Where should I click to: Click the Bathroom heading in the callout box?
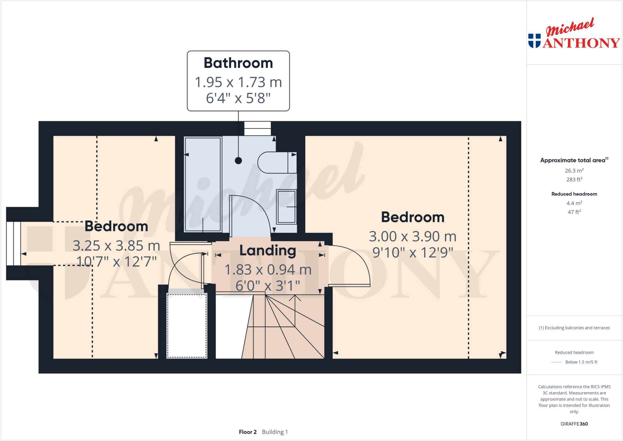pyautogui.click(x=238, y=63)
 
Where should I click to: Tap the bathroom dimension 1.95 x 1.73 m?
pyautogui.click(x=238, y=82)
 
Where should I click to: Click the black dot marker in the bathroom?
pyautogui.click(x=238, y=160)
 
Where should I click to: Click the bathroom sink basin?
pyautogui.click(x=286, y=207)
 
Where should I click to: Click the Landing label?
pyautogui.click(x=268, y=250)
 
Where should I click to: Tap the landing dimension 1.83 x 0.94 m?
pyautogui.click(x=268, y=270)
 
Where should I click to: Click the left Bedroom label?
pyautogui.click(x=116, y=226)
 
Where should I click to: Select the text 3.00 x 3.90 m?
pyautogui.click(x=412, y=236)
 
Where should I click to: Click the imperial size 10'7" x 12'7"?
pyautogui.click(x=116, y=261)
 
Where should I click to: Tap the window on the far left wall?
pyautogui.click(x=14, y=243)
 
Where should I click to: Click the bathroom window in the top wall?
pyautogui.click(x=257, y=128)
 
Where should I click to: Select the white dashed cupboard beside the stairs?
pyautogui.click(x=187, y=325)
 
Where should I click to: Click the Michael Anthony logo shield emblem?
pyautogui.click(x=534, y=40)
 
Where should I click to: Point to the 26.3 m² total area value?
pyautogui.click(x=574, y=171)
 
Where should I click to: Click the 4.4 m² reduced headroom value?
pyautogui.click(x=574, y=203)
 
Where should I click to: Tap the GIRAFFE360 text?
pyautogui.click(x=574, y=424)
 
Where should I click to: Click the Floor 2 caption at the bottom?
pyautogui.click(x=248, y=432)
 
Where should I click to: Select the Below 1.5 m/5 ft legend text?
pyautogui.click(x=581, y=362)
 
